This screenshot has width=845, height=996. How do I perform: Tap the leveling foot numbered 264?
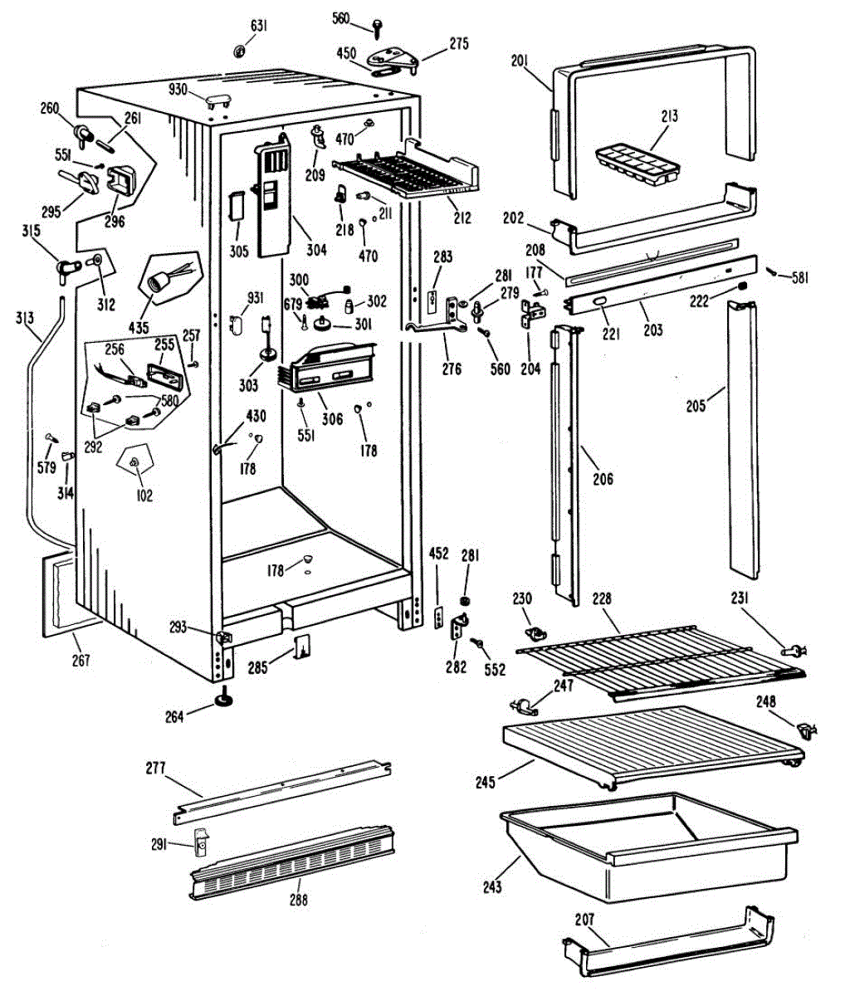click(224, 702)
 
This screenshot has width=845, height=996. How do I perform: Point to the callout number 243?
click(491, 887)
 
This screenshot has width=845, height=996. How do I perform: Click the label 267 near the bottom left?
click(81, 661)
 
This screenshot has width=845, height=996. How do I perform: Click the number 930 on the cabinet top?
click(179, 90)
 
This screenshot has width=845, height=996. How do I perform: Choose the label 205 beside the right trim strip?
click(695, 405)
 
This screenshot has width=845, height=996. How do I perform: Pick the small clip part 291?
click(202, 842)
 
